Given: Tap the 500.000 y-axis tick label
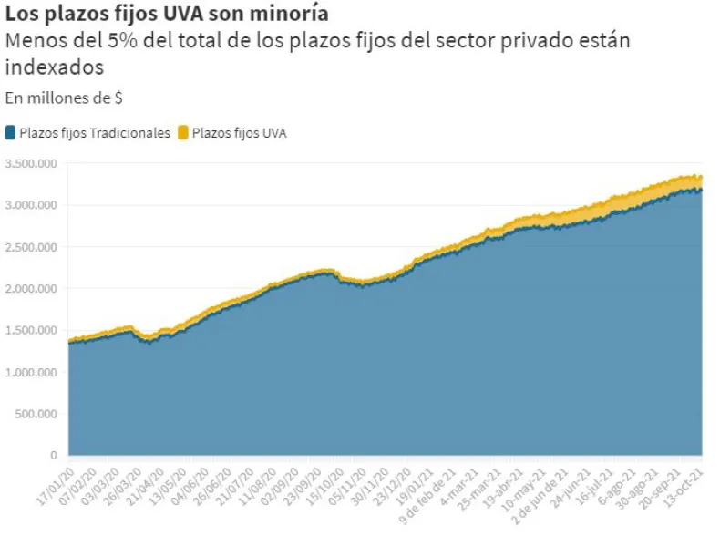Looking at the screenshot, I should [38, 414].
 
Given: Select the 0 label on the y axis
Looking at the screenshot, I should [54, 455].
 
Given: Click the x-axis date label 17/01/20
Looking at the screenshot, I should [55, 481].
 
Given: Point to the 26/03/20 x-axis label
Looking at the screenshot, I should [124, 481].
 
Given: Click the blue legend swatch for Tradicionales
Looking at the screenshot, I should [10, 133].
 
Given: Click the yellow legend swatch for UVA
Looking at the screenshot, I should [183, 133].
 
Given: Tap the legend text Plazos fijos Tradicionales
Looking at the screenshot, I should [95, 133].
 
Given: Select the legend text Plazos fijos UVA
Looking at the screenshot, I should [240, 133].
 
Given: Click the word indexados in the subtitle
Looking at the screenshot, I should [54, 67].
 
